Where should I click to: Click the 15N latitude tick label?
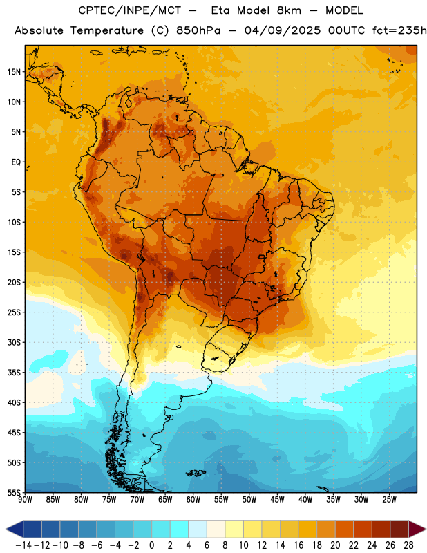(x=14, y=72)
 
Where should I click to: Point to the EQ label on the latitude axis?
(x=16, y=162)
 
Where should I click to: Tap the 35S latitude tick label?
(x=14, y=373)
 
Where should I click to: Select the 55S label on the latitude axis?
(x=14, y=493)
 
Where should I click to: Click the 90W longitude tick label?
(x=25, y=500)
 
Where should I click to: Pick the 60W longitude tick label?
(x=193, y=500)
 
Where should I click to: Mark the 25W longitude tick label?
(x=389, y=500)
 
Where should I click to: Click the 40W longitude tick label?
(x=305, y=500)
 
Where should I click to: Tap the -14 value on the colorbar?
(x=23, y=545)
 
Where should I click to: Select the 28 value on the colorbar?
(x=408, y=545)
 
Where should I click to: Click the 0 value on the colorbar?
(x=152, y=545)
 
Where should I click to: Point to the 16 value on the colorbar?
(x=298, y=545)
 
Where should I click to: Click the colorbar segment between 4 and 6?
(x=198, y=529)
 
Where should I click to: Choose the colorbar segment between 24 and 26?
(x=381, y=529)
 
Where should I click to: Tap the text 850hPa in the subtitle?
(x=198, y=30)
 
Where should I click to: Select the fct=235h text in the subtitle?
(x=399, y=30)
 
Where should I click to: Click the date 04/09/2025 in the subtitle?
(x=283, y=30)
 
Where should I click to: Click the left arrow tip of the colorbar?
(x=6, y=529)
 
